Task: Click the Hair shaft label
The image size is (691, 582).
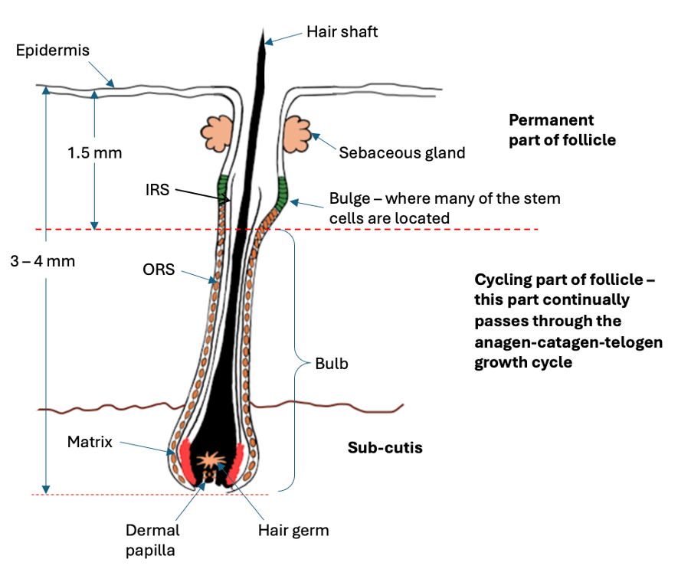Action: click(x=342, y=32)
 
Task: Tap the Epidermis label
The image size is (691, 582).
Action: click(x=53, y=51)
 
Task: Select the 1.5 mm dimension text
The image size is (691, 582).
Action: click(x=95, y=152)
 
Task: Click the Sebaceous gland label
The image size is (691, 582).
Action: click(x=401, y=152)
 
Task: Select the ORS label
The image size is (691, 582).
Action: click(x=159, y=270)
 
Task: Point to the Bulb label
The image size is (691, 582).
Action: click(x=332, y=364)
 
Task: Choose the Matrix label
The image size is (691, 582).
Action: click(x=90, y=442)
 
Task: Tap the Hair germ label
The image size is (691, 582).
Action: click(x=293, y=531)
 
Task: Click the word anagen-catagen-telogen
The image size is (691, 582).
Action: click(x=568, y=342)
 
